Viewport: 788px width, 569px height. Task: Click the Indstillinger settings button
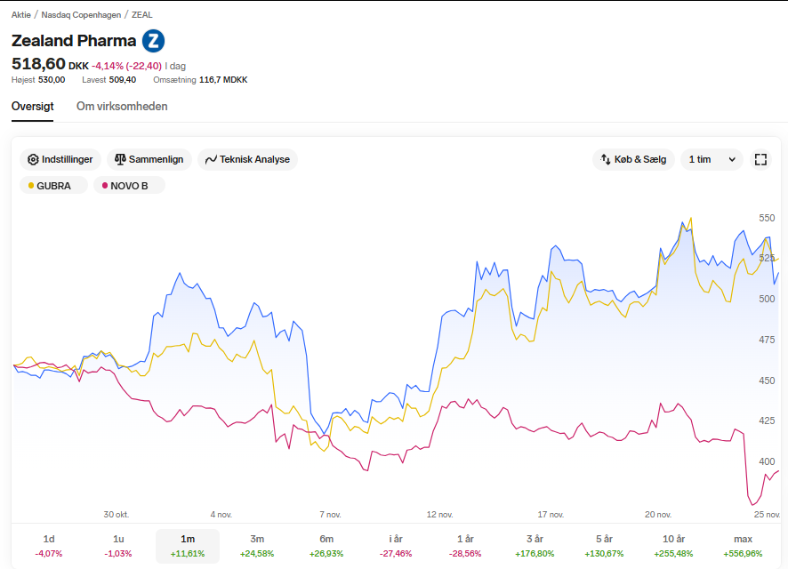point(60,159)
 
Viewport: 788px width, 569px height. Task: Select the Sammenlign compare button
point(149,159)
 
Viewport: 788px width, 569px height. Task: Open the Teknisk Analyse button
point(248,159)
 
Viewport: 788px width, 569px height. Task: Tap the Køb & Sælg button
point(633,159)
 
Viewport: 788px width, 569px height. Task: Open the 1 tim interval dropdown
point(712,159)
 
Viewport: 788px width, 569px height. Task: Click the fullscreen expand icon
point(760,159)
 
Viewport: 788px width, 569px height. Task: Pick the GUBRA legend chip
point(53,185)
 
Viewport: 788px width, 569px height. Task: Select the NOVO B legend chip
point(129,185)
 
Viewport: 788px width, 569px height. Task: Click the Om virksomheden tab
point(122,107)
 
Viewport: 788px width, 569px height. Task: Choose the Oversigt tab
point(33,107)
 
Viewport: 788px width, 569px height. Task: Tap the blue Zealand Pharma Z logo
point(153,41)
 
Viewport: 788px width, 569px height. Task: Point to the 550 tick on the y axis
point(767,218)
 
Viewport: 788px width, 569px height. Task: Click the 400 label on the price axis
point(767,461)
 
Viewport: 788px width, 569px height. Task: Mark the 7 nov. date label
point(330,514)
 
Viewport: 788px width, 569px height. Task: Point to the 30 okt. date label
point(117,514)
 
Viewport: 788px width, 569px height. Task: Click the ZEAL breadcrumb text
point(141,15)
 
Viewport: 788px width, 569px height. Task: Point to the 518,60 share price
point(39,64)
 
